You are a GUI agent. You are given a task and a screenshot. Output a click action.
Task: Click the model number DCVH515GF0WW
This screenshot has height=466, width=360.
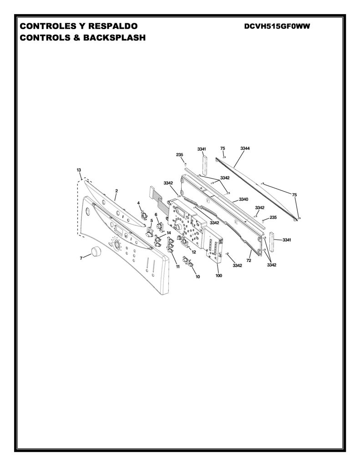point(277,26)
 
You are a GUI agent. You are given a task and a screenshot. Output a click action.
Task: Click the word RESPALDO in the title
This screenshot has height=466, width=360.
point(113,26)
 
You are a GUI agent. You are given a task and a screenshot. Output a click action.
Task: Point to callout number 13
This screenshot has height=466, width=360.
point(79,170)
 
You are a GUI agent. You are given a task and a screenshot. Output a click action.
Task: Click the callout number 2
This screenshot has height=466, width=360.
point(117,191)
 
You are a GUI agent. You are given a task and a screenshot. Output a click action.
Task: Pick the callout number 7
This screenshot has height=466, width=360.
point(81,258)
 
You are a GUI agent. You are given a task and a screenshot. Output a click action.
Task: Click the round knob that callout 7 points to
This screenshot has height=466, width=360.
point(96,251)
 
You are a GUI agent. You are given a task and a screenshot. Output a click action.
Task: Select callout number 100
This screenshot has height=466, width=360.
point(218,275)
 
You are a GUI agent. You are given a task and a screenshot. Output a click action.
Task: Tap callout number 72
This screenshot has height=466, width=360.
point(249,260)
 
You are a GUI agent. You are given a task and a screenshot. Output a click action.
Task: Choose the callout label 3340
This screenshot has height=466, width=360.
point(244,199)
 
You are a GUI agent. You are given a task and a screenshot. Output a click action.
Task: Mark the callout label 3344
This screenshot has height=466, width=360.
point(245,148)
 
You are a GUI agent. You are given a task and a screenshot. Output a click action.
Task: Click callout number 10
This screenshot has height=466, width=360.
point(198,276)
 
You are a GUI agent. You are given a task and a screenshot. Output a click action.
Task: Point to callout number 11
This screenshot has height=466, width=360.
point(178,267)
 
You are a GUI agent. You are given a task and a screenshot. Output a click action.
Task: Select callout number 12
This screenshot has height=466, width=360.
point(194,252)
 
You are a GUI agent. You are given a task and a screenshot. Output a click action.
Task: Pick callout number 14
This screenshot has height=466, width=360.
point(168,233)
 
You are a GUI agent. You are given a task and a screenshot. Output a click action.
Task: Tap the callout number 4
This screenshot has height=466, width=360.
point(138,203)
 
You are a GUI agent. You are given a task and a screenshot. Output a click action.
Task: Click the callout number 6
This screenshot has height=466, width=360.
point(156,214)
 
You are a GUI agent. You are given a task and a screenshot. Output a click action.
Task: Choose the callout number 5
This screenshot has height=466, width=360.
point(152,221)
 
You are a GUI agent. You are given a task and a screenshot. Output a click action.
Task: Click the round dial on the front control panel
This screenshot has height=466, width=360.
point(117,244)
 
